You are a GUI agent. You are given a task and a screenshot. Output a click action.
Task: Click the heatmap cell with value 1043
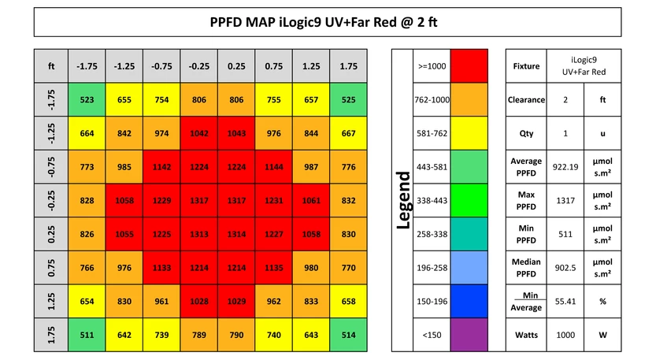(x=236, y=134)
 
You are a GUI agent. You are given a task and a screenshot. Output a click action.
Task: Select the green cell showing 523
(x=87, y=100)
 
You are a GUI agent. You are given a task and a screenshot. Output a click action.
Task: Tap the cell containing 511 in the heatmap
(x=87, y=336)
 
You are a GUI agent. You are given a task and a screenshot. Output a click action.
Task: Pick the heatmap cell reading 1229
(x=161, y=201)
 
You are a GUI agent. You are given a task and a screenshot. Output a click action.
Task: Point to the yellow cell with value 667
(x=349, y=134)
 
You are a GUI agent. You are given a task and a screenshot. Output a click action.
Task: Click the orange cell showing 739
(x=161, y=336)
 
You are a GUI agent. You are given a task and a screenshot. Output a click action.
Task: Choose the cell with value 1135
(x=274, y=269)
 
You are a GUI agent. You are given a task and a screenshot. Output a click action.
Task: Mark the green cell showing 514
(x=349, y=336)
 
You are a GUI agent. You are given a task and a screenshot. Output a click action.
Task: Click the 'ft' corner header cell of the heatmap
(x=51, y=66)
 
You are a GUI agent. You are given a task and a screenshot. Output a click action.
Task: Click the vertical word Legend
(x=402, y=201)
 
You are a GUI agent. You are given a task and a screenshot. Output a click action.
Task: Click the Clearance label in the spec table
(x=526, y=100)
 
